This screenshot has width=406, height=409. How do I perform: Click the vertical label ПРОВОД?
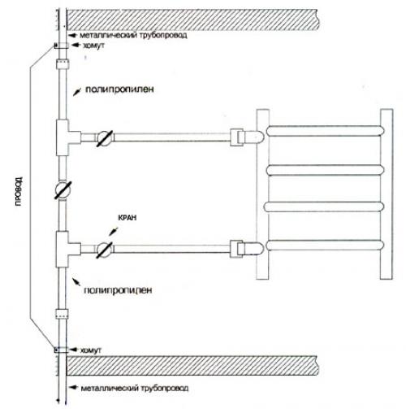(x=19, y=191)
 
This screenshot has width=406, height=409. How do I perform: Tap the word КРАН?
(x=127, y=218)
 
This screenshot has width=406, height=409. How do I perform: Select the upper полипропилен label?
(x=119, y=89)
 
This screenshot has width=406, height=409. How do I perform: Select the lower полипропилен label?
(x=118, y=290)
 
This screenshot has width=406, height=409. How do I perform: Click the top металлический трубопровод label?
(x=133, y=35)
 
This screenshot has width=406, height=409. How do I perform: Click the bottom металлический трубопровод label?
(x=135, y=388)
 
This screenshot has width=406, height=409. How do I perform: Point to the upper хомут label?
(x=93, y=46)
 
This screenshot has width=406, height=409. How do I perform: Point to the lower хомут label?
(x=91, y=350)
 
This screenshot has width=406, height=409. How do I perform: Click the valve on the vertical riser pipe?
(x=63, y=189)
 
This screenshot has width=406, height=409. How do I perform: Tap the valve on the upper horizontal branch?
(x=105, y=138)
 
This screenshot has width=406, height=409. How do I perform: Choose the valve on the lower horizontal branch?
(x=105, y=250)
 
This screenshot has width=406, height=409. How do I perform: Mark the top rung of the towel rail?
(x=325, y=131)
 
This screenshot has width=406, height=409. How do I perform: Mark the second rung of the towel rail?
(x=326, y=170)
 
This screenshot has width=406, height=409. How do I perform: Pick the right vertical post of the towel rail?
(x=387, y=194)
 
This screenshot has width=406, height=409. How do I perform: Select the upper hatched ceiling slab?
(x=192, y=20)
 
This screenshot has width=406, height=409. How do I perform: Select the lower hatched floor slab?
(x=192, y=366)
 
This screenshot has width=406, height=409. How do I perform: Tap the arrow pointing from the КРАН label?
(x=113, y=232)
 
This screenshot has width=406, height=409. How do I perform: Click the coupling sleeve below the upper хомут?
(x=63, y=64)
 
